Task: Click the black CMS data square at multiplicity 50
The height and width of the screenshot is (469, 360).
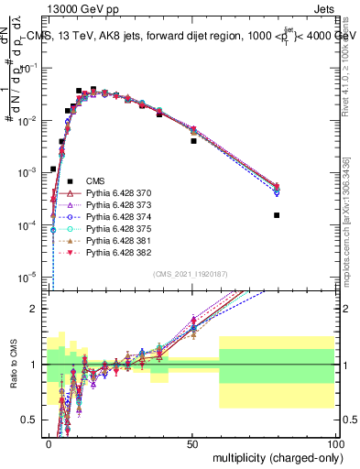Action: [193, 141]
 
